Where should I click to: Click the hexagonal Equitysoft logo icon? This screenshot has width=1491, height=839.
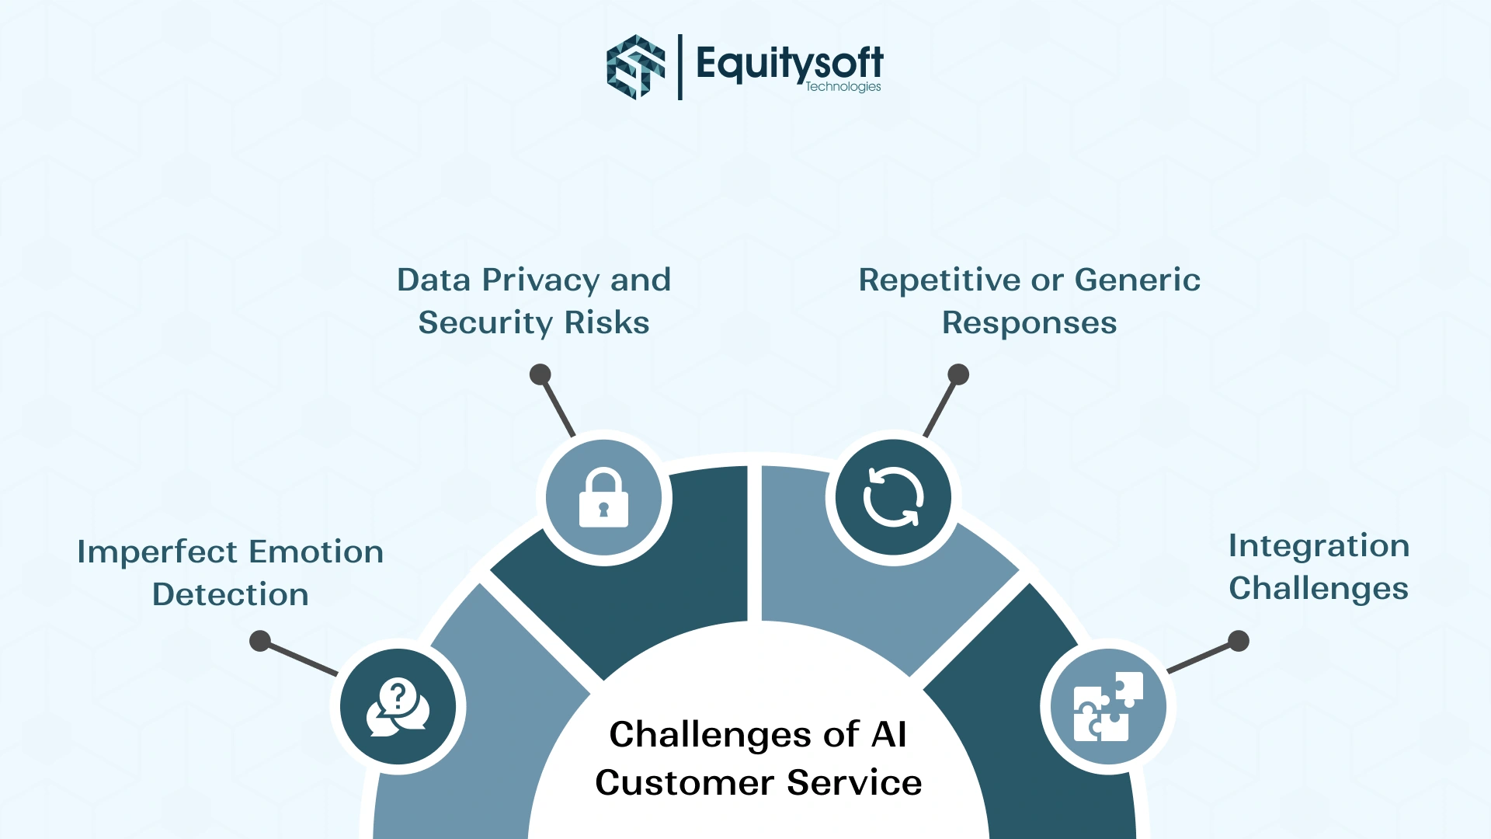(x=635, y=67)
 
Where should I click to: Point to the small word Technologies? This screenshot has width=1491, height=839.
(x=843, y=87)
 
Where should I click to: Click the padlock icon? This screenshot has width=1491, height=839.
(x=603, y=498)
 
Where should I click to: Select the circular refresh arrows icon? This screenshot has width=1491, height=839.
(x=893, y=497)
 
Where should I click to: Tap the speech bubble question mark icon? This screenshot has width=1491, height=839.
(x=398, y=707)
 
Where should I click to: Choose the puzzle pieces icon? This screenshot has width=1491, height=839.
(x=1108, y=707)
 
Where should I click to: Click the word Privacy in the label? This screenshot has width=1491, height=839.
(x=540, y=280)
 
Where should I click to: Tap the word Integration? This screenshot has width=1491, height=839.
(x=1319, y=546)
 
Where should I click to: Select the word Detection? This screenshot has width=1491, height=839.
(x=231, y=595)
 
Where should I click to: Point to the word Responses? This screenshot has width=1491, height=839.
(x=1029, y=323)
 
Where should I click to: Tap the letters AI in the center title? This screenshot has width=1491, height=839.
(x=889, y=735)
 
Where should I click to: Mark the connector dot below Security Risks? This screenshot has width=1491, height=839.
(x=540, y=374)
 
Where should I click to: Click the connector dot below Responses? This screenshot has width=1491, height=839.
(x=958, y=374)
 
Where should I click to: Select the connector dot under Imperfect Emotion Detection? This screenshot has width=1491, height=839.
(x=260, y=641)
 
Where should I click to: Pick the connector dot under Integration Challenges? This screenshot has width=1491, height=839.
(x=1239, y=641)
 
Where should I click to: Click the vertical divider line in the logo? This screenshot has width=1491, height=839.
(x=680, y=67)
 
